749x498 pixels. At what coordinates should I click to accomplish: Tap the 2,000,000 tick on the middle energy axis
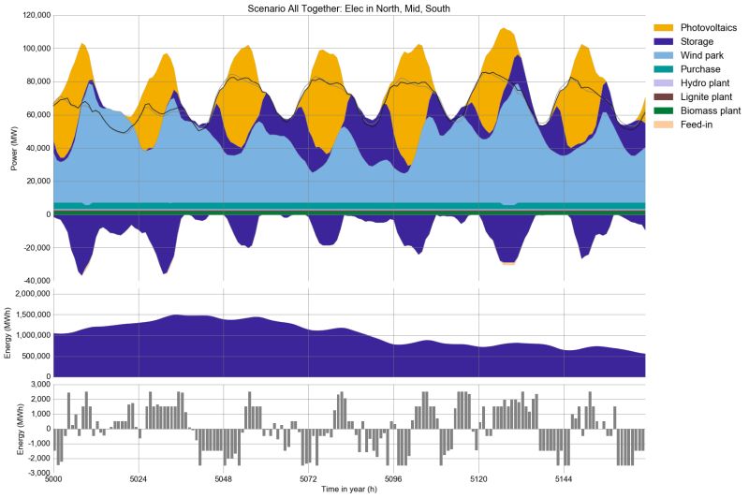click(27, 293)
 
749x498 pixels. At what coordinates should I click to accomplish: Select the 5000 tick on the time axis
click(53, 479)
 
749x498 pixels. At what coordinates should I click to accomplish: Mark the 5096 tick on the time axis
click(393, 479)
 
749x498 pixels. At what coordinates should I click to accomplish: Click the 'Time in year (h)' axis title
click(348, 490)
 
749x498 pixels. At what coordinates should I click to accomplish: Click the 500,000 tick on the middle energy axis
click(32, 356)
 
